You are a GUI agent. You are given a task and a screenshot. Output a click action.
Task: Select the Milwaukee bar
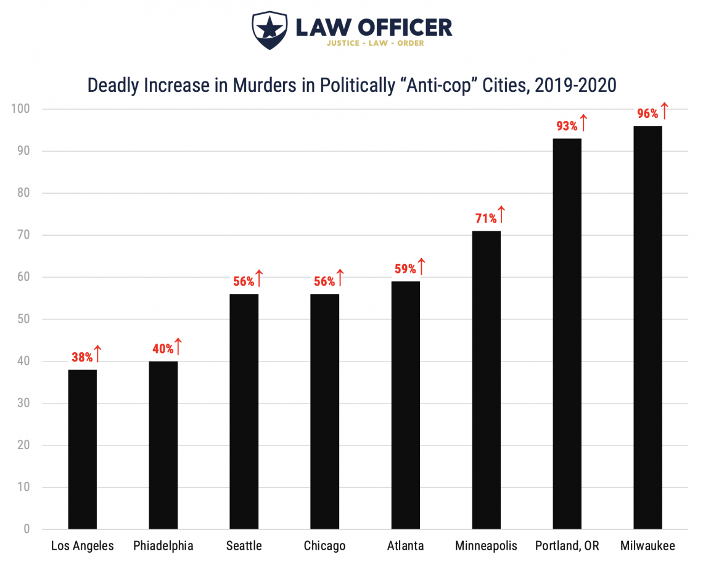point(647,328)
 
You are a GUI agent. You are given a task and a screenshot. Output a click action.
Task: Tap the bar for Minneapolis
point(486,380)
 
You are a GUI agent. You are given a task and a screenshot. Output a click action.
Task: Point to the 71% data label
point(485,218)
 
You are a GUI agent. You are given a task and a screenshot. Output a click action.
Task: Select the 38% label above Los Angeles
point(81,357)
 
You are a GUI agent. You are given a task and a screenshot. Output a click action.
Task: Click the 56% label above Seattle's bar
point(244,281)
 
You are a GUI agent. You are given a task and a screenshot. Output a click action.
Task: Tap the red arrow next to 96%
point(664,111)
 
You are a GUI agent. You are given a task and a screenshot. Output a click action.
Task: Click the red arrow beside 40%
point(178,346)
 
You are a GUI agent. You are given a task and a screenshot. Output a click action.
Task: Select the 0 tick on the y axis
point(27,529)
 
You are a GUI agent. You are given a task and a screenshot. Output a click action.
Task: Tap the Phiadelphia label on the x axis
point(163,546)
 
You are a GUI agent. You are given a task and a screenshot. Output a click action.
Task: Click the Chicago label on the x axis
point(324,546)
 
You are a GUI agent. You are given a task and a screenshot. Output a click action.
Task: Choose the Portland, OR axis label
point(567,546)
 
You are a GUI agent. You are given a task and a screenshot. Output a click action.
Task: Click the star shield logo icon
point(269,30)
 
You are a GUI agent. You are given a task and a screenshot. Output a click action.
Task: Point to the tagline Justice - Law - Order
point(374,43)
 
